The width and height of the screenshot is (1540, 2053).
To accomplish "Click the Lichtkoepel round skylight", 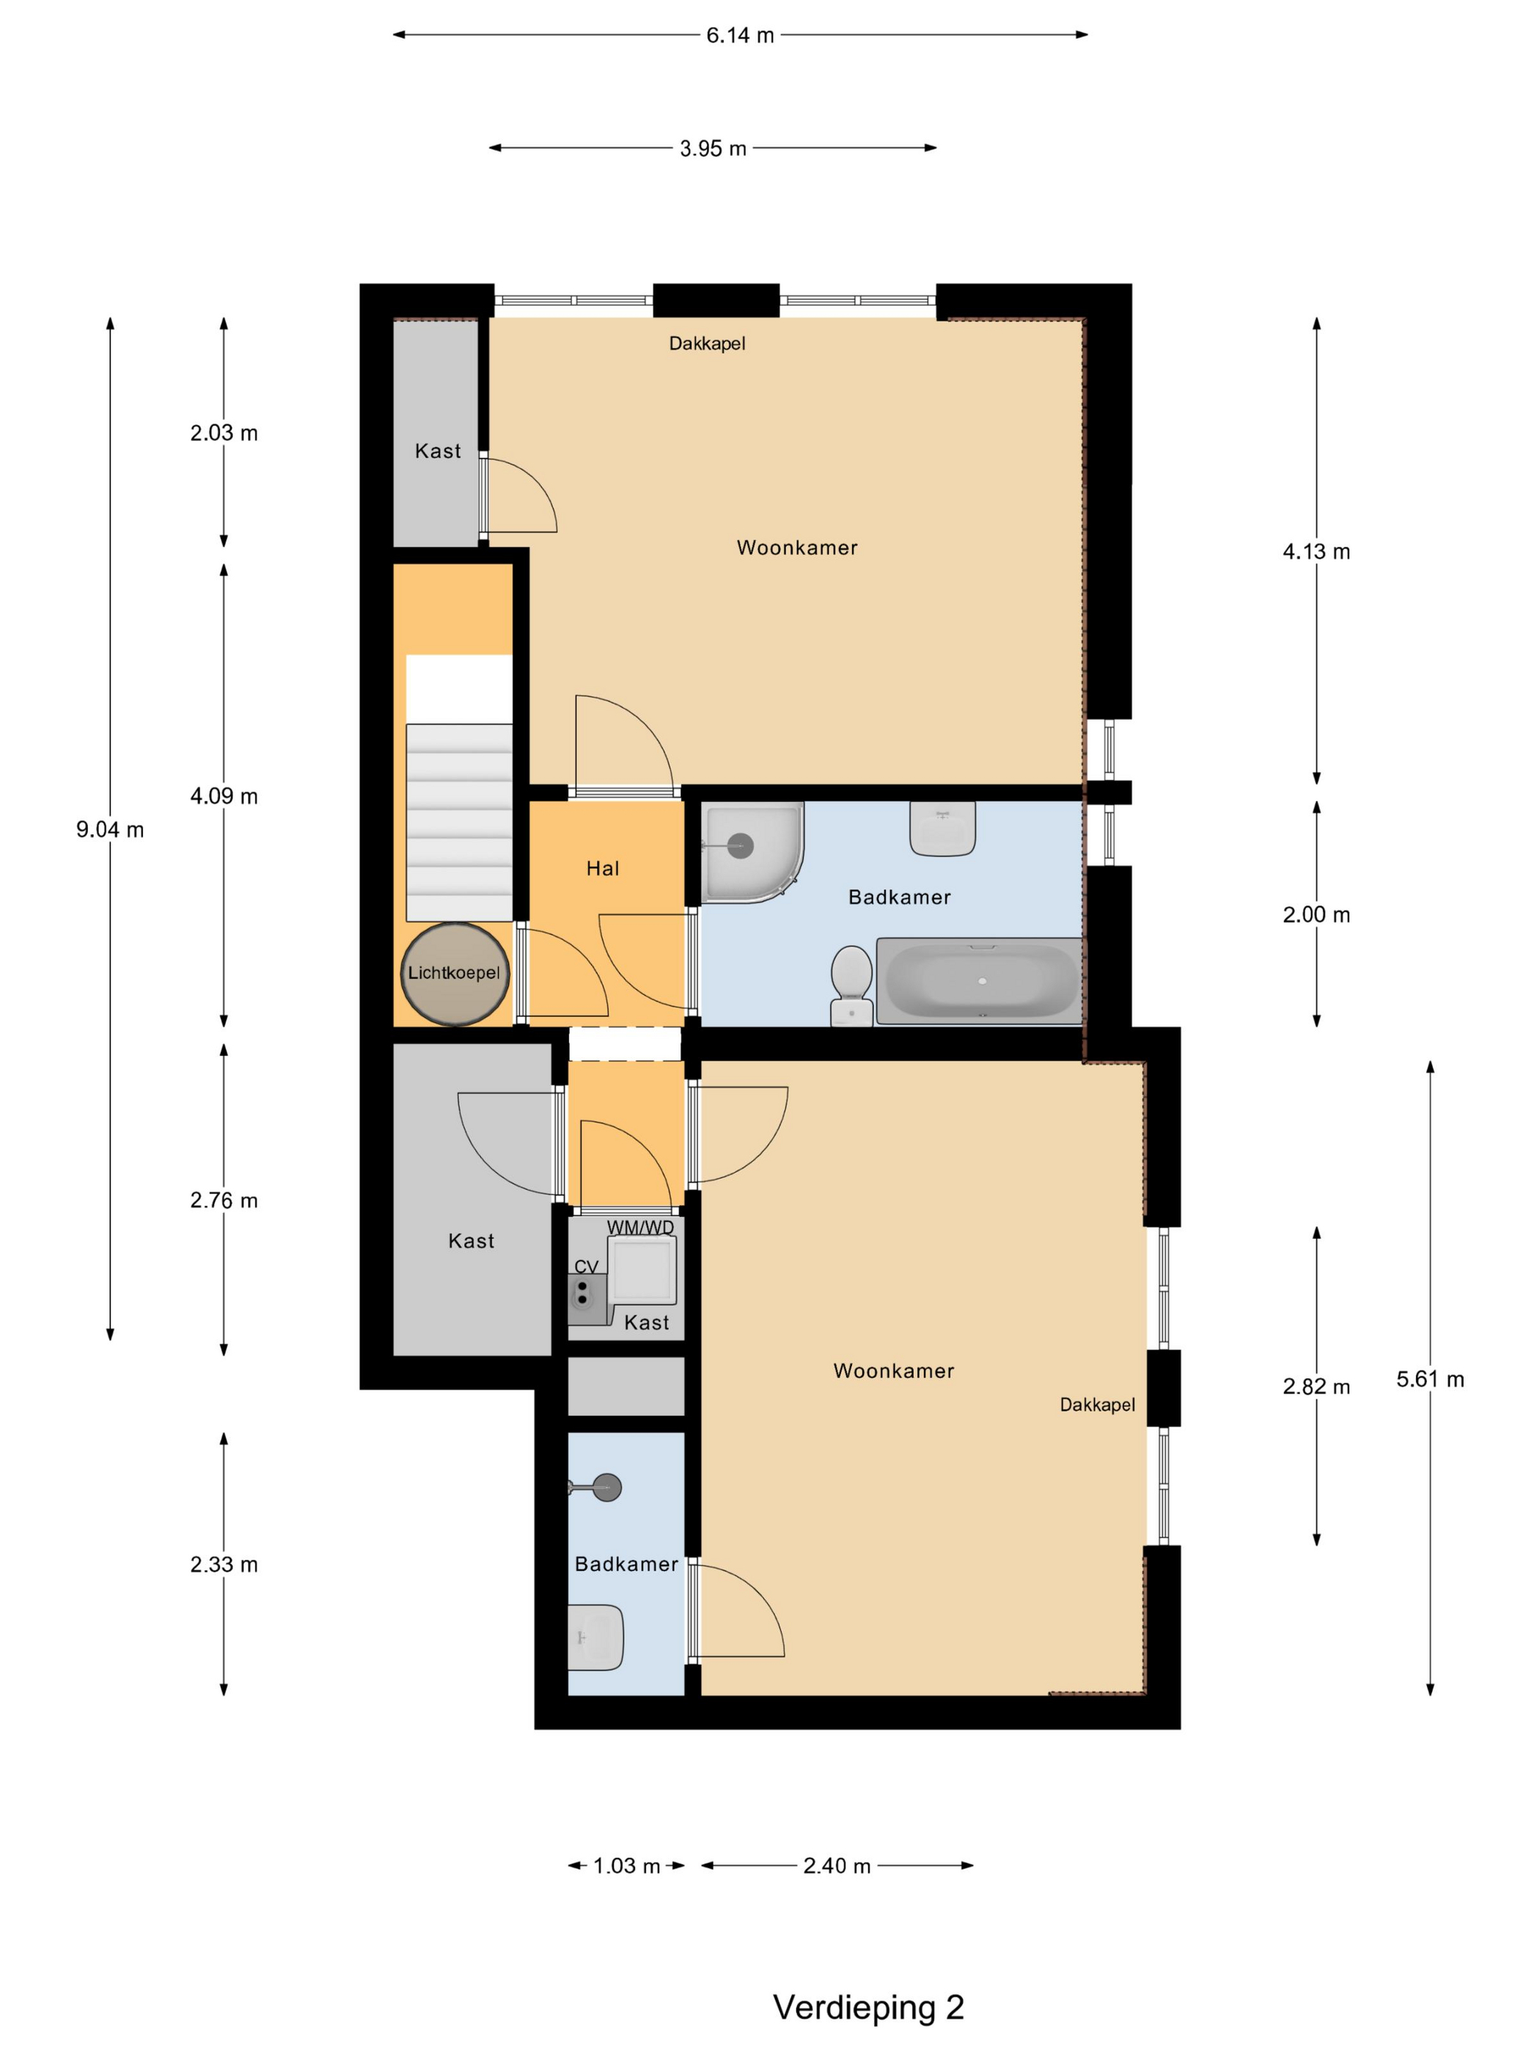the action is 455,974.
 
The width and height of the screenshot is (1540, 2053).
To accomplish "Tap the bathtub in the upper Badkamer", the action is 979,981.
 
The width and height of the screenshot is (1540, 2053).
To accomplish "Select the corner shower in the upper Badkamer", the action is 752,852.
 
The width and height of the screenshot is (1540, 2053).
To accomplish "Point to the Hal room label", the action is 603,869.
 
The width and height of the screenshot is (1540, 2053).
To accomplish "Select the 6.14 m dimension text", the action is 740,35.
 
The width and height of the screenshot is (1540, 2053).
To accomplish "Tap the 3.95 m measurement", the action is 713,149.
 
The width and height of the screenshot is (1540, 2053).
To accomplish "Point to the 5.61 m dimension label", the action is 1431,1379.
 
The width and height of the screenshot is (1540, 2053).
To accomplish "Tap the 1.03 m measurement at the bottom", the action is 626,1865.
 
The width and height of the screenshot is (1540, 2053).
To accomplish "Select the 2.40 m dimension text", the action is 837,1865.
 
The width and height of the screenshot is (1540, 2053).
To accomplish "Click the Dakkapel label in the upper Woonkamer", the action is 708,343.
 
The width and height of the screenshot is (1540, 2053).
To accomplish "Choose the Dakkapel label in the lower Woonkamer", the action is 1097,1405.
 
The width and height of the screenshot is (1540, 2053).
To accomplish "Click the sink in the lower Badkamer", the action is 595,1637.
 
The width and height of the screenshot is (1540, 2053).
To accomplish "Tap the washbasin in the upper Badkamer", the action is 942,828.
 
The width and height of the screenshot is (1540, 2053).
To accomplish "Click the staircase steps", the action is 458,823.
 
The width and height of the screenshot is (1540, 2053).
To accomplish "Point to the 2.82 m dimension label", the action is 1316,1387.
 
